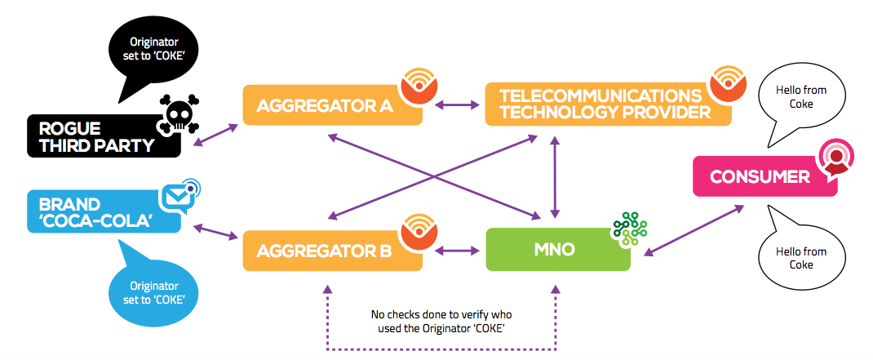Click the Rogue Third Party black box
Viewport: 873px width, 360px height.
[104, 136]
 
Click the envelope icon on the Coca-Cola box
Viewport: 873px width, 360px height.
[179, 194]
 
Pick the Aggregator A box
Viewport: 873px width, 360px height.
[332, 104]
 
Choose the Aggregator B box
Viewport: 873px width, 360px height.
[332, 251]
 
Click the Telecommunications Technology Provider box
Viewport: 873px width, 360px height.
[608, 104]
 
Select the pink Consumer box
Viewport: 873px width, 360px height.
[765, 176]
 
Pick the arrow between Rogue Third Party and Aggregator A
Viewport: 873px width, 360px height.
[215, 136]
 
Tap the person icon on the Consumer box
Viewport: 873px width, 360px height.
[835, 159]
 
